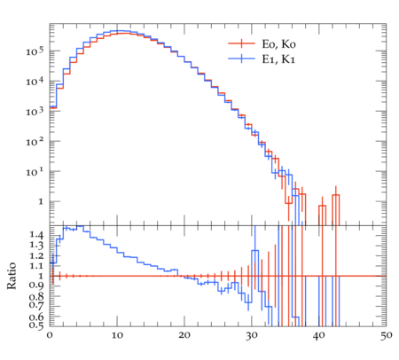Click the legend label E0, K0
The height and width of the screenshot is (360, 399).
(x=278, y=44)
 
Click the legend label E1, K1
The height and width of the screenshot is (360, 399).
(x=278, y=59)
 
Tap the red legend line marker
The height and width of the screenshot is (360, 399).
(x=241, y=43)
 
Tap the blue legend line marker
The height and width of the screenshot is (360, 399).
(x=241, y=59)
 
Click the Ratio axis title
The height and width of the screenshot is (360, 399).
(x=12, y=276)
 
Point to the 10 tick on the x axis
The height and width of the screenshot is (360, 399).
(x=117, y=335)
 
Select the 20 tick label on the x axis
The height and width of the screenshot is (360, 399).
(x=184, y=335)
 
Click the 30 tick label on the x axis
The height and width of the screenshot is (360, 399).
(x=251, y=336)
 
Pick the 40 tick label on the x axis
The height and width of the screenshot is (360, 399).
(x=318, y=336)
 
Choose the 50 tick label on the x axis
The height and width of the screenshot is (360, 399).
(x=386, y=336)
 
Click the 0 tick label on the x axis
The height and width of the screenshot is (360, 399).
(x=50, y=335)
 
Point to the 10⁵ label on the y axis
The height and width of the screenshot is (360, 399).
(x=35, y=51)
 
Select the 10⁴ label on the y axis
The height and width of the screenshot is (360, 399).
(x=35, y=82)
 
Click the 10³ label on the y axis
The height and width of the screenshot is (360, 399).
(x=35, y=112)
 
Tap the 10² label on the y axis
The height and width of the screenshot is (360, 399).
(x=35, y=142)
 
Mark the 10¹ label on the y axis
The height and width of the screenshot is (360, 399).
(x=35, y=172)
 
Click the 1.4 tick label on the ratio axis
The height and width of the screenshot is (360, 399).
(x=36, y=235)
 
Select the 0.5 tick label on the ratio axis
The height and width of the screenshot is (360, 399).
(x=36, y=325)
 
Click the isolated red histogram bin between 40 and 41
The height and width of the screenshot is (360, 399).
(x=322, y=215)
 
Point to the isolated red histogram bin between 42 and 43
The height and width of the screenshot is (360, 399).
(x=336, y=209)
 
